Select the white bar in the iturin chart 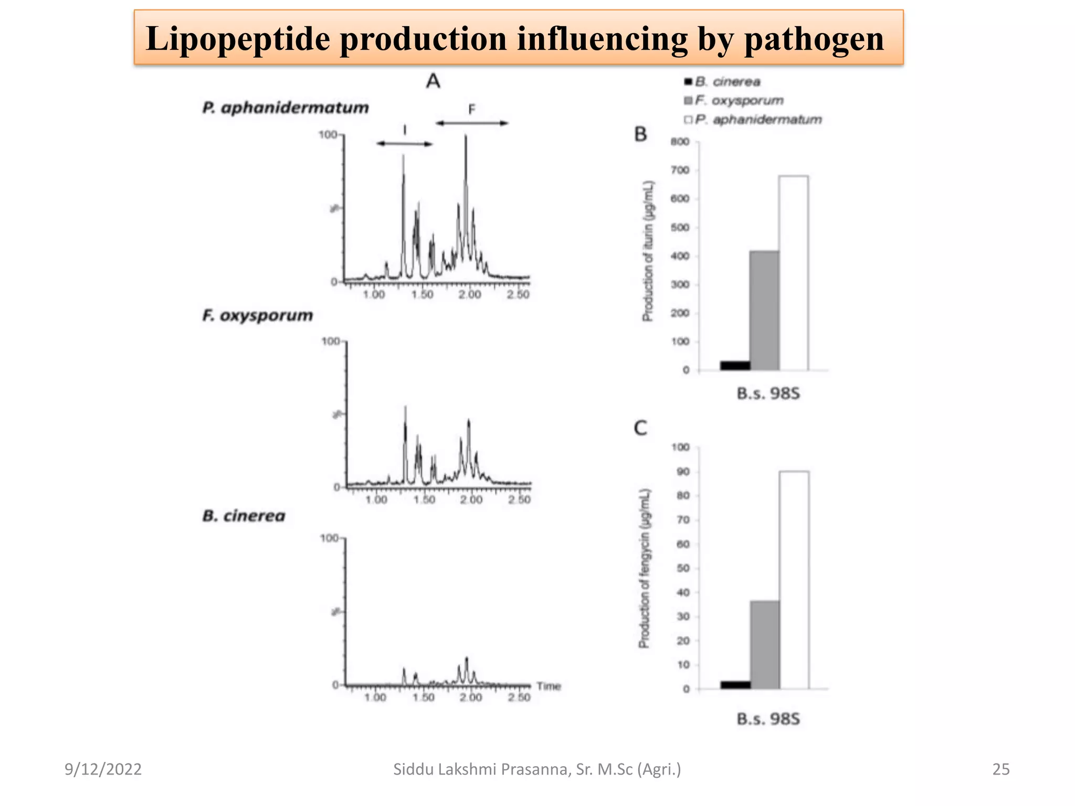tap(793, 273)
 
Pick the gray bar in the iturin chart tap(764, 311)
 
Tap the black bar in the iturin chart tap(735, 366)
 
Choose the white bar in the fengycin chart tap(794, 580)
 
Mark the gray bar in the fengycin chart tap(765, 644)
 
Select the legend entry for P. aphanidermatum tap(753, 120)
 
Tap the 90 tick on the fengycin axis tap(683, 472)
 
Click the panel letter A tap(433, 81)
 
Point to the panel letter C tap(640, 428)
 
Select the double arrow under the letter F tap(472, 123)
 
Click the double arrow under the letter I tap(404, 144)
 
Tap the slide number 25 tap(1000, 769)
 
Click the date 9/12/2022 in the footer tap(103, 769)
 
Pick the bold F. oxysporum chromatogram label tap(257, 315)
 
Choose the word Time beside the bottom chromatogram tap(549, 686)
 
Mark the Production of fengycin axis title tap(645, 568)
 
